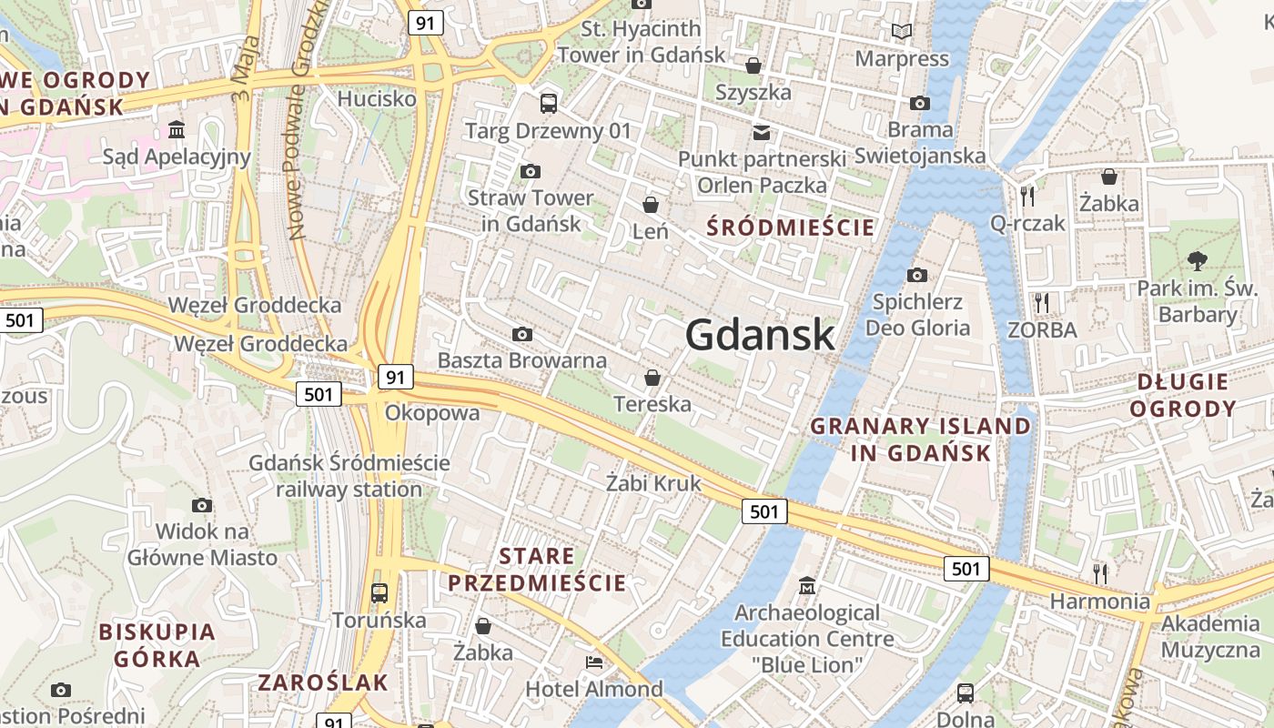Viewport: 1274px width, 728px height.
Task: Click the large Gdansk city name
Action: [x=760, y=335]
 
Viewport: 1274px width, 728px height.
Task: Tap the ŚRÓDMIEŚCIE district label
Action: [x=790, y=227]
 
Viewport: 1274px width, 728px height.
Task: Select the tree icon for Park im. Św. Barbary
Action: [x=1197, y=261]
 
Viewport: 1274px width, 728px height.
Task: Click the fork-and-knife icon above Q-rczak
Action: [x=1027, y=195]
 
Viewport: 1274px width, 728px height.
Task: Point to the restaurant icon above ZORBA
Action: [x=1042, y=301]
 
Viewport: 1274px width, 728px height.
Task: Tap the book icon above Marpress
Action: [x=902, y=32]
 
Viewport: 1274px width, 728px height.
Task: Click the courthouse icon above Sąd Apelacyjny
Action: [x=177, y=129]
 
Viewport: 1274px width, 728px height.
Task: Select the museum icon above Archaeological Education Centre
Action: [x=807, y=584]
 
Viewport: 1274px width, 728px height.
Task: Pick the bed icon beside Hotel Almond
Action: [x=594, y=662]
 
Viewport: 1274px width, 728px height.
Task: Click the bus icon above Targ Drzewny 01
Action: [x=548, y=103]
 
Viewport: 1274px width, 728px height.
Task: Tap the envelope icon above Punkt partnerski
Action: [x=761, y=132]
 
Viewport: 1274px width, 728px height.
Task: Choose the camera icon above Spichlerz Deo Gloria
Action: [x=917, y=275]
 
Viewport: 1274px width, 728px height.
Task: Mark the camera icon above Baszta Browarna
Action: [x=522, y=334]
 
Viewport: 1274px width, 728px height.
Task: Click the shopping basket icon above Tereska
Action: [x=652, y=377]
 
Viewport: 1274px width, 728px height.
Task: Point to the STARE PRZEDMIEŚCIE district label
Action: [x=537, y=570]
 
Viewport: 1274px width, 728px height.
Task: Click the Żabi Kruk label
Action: [x=654, y=482]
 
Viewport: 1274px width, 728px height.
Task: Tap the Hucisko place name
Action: [x=377, y=98]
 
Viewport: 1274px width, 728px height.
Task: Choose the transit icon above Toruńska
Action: [x=379, y=593]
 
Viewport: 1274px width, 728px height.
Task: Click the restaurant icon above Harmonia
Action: [x=1100, y=572]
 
